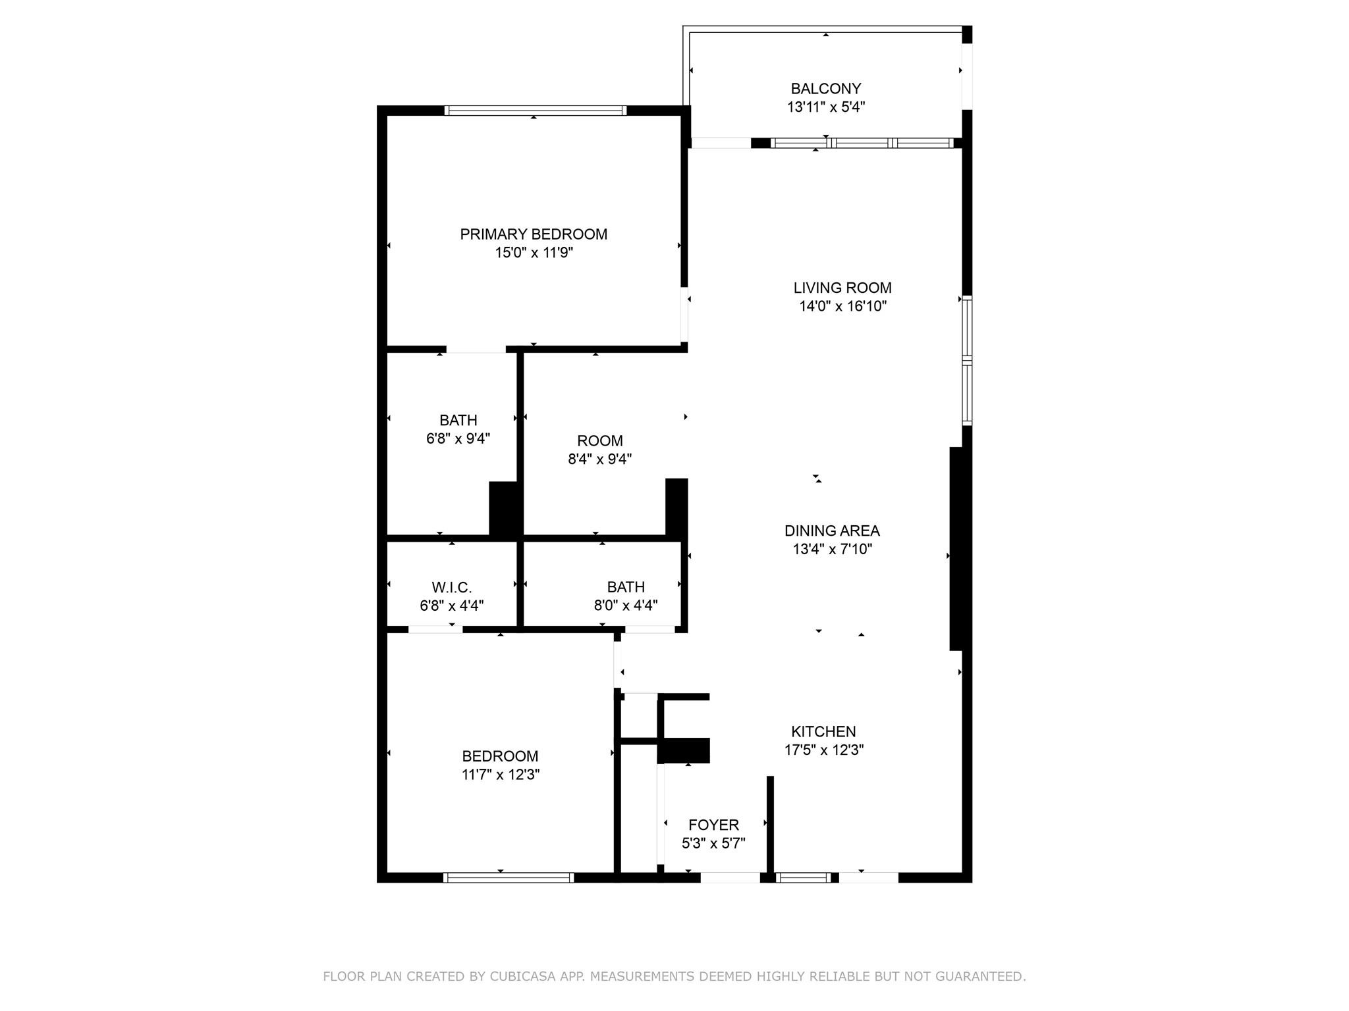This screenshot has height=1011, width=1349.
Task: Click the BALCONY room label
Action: tap(825, 88)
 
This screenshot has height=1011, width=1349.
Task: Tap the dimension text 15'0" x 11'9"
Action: tap(534, 253)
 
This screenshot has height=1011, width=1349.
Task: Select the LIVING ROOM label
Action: tap(842, 288)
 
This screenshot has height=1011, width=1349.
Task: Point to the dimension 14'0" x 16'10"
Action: tap(842, 306)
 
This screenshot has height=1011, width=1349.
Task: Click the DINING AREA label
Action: tap(831, 531)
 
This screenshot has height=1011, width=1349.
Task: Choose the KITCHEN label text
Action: tap(823, 731)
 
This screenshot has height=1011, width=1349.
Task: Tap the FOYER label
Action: tap(713, 825)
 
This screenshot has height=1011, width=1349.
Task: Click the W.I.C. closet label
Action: tap(451, 587)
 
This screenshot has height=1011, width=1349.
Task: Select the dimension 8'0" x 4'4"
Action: tap(625, 606)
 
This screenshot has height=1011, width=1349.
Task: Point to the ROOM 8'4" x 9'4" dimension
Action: tap(599, 459)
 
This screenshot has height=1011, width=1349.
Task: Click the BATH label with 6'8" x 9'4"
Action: tap(458, 420)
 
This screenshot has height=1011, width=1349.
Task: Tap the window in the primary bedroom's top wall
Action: tap(535, 110)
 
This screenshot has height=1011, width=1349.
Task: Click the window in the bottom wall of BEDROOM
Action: tap(508, 877)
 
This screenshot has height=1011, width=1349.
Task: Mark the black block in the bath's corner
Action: tap(505, 508)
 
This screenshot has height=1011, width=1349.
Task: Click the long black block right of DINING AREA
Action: tap(958, 548)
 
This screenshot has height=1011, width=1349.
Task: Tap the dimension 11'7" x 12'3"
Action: tap(501, 775)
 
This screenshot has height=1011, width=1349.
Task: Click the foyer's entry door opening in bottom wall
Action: tap(729, 877)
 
